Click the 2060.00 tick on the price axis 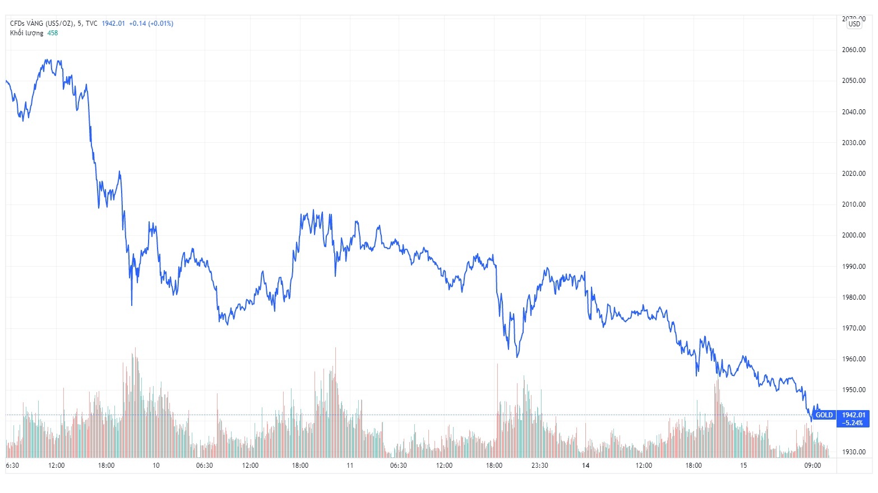pos(853,50)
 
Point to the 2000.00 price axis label pos(853,235)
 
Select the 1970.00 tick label pos(853,328)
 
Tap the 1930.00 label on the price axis pos(853,452)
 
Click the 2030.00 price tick pos(853,143)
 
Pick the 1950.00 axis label pos(853,390)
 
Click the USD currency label pos(854,24)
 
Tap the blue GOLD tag pos(824,415)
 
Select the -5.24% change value pos(853,423)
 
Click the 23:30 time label pos(539,466)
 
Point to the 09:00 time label pos(812,466)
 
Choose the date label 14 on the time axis pos(586,466)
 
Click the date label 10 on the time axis pos(156,466)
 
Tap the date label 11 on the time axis pos(350,466)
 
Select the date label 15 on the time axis pos(743,466)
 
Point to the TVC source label pos(91,24)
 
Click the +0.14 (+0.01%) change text pos(151,24)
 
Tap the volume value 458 pos(52,33)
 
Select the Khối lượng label pos(26,33)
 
